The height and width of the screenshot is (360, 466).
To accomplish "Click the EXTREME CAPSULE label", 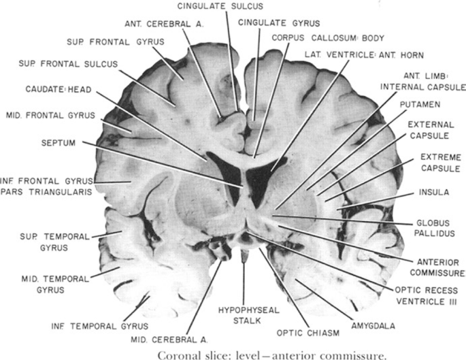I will pyautogui.click(x=441, y=163).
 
